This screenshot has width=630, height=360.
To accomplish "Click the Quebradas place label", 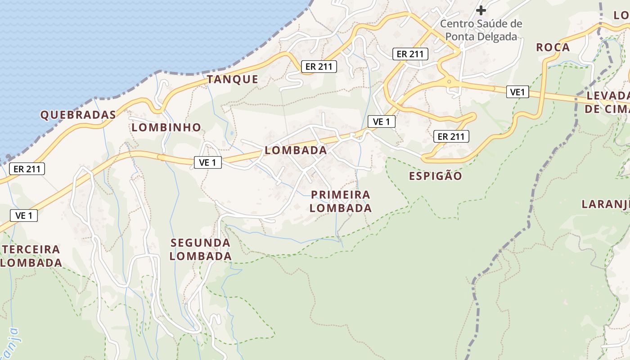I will [x=78, y=115].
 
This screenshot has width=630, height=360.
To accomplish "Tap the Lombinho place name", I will [x=166, y=127].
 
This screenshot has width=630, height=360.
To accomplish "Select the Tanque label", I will [x=233, y=80].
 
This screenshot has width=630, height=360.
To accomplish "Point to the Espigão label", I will [x=435, y=176].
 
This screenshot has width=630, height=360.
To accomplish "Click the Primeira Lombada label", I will [x=341, y=201].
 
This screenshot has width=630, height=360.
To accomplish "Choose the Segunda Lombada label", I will [x=201, y=249].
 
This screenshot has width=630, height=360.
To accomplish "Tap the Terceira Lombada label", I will [x=31, y=256].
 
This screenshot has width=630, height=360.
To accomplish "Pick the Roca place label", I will [x=553, y=47].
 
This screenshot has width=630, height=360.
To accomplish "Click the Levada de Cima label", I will [x=607, y=102].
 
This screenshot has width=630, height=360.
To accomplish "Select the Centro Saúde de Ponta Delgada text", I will [x=481, y=30].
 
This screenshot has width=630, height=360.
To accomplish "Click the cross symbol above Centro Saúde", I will [x=481, y=10].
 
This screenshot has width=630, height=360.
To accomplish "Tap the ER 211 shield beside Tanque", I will [x=319, y=67].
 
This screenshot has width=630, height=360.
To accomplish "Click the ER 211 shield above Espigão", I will [x=451, y=136].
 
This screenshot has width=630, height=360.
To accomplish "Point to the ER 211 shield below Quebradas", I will [x=27, y=169].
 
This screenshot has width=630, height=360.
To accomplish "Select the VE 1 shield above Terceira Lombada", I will [x=24, y=216].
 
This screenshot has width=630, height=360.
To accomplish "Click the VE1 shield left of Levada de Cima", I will [x=517, y=92].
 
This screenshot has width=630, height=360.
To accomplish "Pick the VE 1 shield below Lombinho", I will [x=207, y=162].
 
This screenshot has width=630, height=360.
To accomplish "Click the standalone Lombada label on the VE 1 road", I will [x=296, y=150].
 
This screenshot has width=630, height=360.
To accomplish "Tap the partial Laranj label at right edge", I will [x=605, y=204].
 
